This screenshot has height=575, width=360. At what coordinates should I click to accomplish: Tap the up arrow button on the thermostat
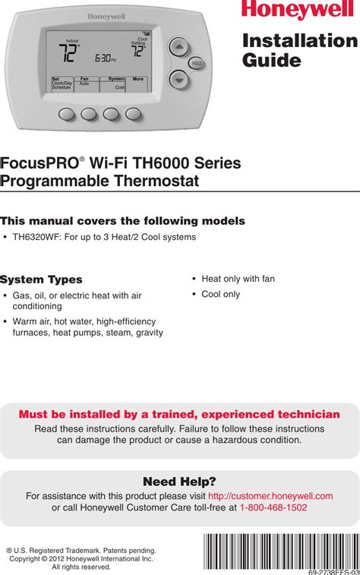tap(178, 46)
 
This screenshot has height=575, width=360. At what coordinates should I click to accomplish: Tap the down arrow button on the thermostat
tap(178, 77)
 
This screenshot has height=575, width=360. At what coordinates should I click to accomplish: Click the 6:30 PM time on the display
tap(104, 58)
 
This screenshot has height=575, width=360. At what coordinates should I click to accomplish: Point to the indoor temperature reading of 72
tap(68, 53)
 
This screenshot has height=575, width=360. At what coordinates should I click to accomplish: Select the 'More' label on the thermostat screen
tap(137, 78)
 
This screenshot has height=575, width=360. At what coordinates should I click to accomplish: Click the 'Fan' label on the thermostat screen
tap(84, 78)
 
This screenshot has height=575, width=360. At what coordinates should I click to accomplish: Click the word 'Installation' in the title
tap(299, 41)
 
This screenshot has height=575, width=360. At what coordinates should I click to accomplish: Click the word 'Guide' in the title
tap(272, 61)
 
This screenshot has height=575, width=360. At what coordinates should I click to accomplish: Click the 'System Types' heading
tap(42, 280)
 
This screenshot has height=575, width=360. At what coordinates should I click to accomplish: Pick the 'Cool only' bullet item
tap(220, 294)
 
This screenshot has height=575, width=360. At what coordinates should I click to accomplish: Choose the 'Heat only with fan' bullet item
tap(238, 279)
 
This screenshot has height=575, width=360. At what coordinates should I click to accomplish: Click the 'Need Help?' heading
tap(179, 482)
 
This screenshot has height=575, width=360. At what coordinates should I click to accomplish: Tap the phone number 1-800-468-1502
tap(273, 507)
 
